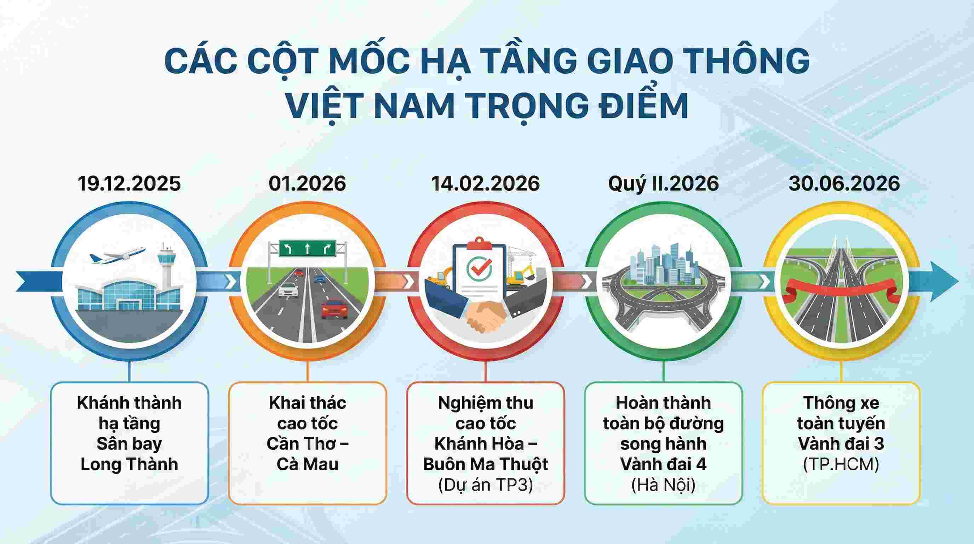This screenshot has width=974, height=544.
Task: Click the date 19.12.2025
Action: point(129,184)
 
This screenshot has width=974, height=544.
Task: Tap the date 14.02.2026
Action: point(486,184)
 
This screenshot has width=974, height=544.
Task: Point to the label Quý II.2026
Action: point(663,184)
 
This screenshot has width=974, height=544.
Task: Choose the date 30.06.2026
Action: point(844,184)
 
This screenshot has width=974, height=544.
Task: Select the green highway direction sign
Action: point(307,249)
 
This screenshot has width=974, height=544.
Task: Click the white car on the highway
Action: point(288,290)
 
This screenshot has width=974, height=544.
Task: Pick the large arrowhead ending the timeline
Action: point(943,282)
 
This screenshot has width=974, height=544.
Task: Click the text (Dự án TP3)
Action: point(486,484)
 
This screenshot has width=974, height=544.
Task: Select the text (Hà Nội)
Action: point(663,484)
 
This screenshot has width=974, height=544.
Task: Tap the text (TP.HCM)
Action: point(841,464)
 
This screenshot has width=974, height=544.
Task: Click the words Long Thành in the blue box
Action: point(129,464)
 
